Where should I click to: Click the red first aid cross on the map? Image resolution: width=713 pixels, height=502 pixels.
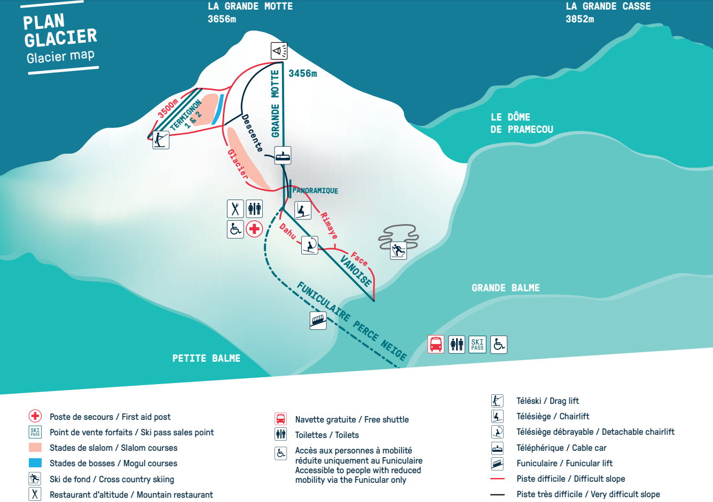[x=254, y=229]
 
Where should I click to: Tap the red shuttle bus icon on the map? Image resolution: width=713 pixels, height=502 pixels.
[x=435, y=344]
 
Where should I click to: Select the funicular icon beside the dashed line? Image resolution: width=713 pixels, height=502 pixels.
[x=318, y=321]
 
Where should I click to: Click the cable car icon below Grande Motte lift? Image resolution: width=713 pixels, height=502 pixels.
[x=283, y=155]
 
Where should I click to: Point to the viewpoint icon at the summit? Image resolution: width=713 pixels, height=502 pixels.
[x=279, y=51]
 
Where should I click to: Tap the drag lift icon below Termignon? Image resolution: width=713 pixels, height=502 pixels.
[x=161, y=140]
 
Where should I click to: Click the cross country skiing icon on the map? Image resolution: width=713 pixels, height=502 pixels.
[x=398, y=251]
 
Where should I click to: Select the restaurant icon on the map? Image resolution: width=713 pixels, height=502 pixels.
[x=235, y=209]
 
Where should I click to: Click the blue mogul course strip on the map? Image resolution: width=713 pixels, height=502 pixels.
[x=218, y=109]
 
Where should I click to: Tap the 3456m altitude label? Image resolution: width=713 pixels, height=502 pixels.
[x=303, y=74]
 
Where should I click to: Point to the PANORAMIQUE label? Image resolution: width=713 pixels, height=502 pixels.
[x=315, y=190]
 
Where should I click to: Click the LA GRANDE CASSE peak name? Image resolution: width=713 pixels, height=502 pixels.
[x=608, y=6]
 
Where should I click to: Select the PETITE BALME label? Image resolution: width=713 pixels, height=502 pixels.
[x=206, y=358]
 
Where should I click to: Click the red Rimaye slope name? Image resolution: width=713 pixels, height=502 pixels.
[x=329, y=226]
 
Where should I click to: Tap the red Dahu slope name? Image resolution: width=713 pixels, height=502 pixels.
[x=287, y=231]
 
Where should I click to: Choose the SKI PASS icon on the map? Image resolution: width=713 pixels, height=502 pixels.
[x=477, y=344]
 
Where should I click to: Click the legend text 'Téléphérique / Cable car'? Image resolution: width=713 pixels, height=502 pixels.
[x=561, y=448]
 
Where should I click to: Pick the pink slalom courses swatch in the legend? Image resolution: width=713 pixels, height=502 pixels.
[x=35, y=447]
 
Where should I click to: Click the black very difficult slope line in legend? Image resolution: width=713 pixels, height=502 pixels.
[x=497, y=495]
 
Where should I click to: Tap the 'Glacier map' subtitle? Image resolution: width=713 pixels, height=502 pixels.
[x=60, y=57]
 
